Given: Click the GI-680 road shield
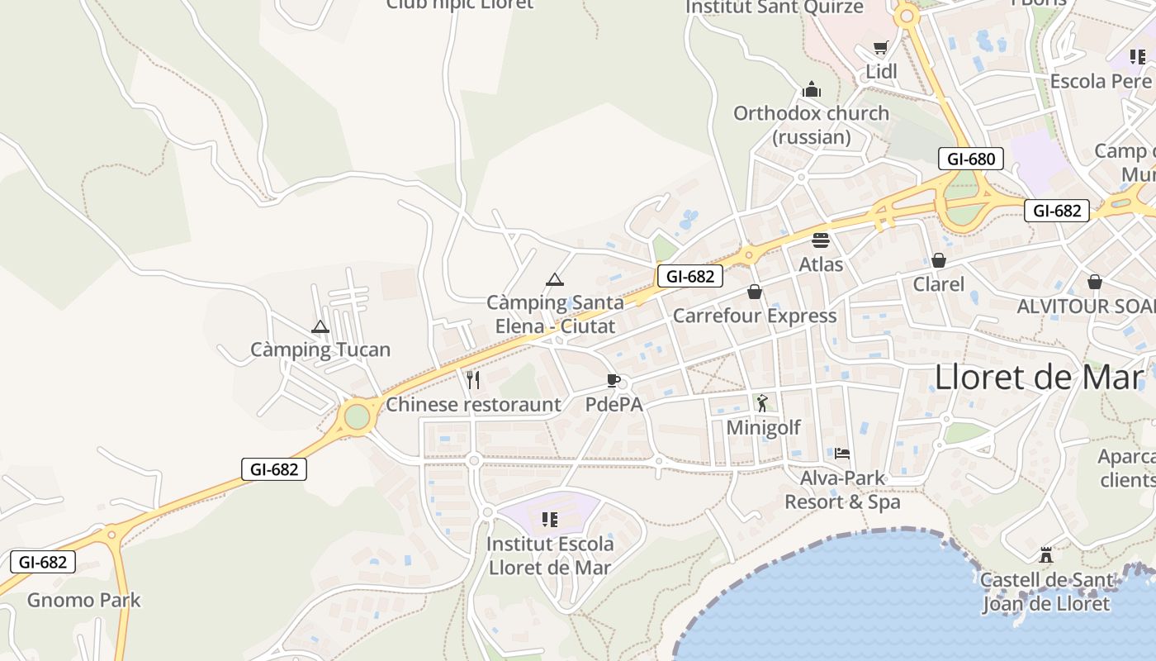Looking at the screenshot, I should [x=970, y=159].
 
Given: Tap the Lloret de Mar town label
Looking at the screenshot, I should [x=1039, y=377].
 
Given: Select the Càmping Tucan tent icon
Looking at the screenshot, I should [x=320, y=327].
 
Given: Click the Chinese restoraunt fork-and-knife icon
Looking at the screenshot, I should [x=473, y=380].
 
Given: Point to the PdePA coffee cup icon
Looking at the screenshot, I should [x=613, y=380].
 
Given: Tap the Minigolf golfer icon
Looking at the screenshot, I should [x=762, y=403].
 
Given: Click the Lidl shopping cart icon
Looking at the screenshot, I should [x=881, y=48].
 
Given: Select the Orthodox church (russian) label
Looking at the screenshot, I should [x=811, y=125].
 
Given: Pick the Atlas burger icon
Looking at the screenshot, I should [x=820, y=240].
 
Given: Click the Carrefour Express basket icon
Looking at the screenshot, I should [x=754, y=292].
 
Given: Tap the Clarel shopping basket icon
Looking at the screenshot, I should [x=938, y=260].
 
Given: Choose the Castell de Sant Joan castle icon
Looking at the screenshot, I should [x=1046, y=555].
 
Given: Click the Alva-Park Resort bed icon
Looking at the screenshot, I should [x=841, y=453].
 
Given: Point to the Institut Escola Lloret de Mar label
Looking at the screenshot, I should [x=550, y=556].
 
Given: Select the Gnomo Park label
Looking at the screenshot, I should [x=84, y=600].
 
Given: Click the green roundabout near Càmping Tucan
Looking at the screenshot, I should [x=357, y=416].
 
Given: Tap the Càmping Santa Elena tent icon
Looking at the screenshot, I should [x=554, y=279].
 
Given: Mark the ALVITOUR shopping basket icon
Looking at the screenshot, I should [x=1094, y=282].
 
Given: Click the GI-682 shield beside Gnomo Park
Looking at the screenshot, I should [x=43, y=563].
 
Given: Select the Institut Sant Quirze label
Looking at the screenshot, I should [x=775, y=7].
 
